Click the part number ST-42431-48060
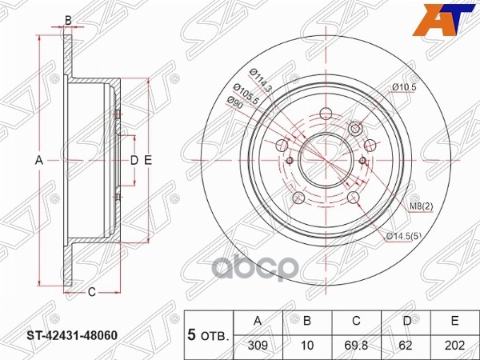72,335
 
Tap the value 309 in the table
258,346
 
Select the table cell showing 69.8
356,346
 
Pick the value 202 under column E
454,346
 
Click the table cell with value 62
406,346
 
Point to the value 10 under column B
307,346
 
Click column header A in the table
258,321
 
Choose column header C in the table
356,321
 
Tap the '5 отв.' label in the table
208,335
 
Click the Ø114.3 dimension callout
261,81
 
